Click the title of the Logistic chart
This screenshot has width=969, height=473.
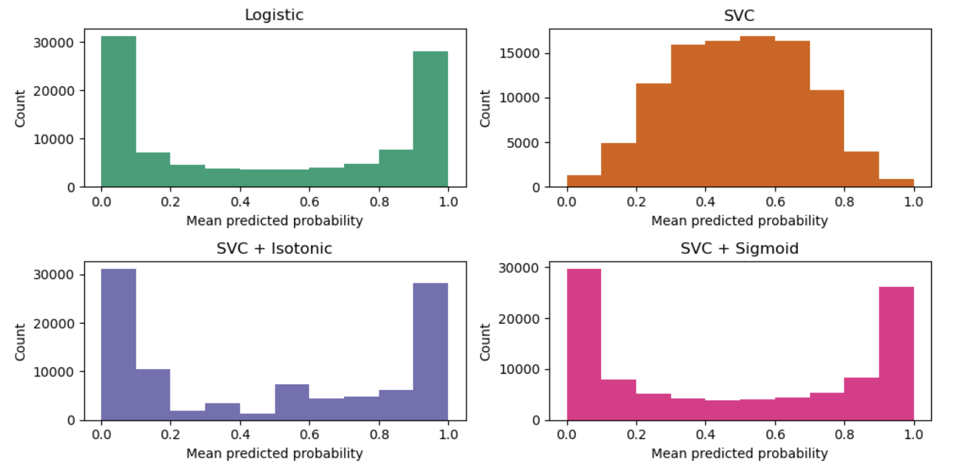[x=274, y=14]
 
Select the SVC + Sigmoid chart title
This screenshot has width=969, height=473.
[x=739, y=248]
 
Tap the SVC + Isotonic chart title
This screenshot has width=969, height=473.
[x=274, y=248]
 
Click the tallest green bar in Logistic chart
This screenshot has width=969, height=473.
[x=118, y=111]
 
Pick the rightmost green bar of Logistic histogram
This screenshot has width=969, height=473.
[x=430, y=119]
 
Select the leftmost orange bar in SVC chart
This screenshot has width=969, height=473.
[x=584, y=181]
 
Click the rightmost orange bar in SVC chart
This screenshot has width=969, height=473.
[x=896, y=183]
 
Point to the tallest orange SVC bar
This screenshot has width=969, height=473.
[x=757, y=111]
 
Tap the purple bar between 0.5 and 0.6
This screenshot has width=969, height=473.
[x=292, y=402]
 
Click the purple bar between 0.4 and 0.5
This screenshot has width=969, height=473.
[x=257, y=417]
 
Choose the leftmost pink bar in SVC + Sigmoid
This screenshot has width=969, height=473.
[x=584, y=344]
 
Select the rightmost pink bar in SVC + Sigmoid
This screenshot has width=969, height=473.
[x=896, y=353]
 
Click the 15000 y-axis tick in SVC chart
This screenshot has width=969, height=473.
[x=519, y=53]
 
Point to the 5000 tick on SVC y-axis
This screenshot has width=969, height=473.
[x=523, y=143]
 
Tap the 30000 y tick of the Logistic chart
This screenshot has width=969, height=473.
[x=53, y=42]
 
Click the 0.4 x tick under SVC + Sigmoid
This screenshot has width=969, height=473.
[x=705, y=434]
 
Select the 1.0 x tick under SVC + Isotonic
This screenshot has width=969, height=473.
[x=448, y=434]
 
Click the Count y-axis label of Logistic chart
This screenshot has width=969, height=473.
[x=20, y=108]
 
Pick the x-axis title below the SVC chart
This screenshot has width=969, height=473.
[x=739, y=221]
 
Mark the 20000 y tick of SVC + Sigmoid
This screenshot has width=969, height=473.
[x=519, y=319]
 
